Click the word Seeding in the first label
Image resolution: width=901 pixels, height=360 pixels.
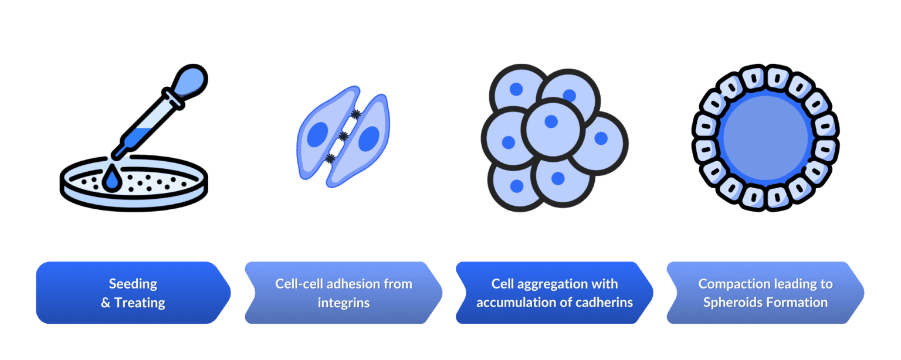click(x=133, y=284)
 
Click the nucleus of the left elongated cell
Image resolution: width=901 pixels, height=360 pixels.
click(x=317, y=135)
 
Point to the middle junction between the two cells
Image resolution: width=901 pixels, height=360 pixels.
click(x=344, y=136)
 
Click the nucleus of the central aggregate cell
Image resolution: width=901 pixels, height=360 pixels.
click(x=551, y=121)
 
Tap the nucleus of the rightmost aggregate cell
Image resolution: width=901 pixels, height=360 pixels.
click(x=601, y=138)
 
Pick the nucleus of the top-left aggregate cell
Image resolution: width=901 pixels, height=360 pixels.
click(x=516, y=89)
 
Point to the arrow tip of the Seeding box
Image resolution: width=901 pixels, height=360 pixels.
click(x=231, y=293)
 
